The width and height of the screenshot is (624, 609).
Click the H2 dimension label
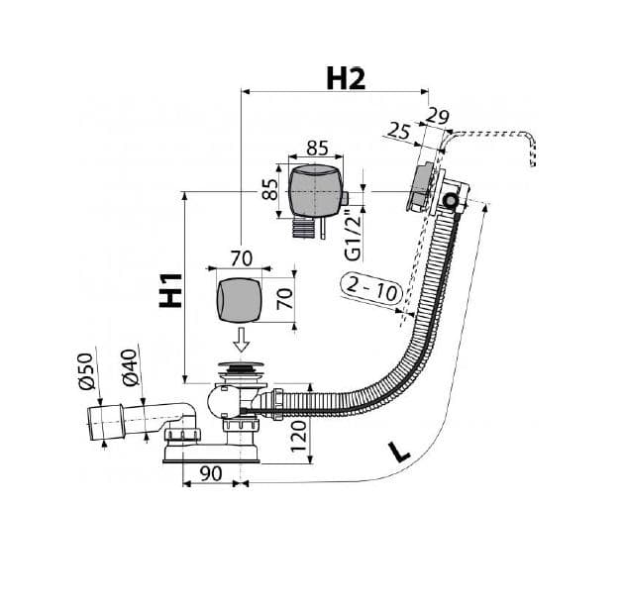pyautogui.click(x=346, y=78)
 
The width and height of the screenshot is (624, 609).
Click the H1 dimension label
pyautogui.click(x=171, y=290)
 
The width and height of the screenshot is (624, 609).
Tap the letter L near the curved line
pyautogui.click(x=399, y=452)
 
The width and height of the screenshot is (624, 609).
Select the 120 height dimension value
pyautogui.click(x=298, y=437)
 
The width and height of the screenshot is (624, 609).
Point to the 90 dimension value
pyautogui.click(x=211, y=473)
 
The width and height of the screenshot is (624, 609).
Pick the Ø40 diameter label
pyautogui.click(x=130, y=367)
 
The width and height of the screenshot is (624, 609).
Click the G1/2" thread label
pyautogui.click(x=353, y=235)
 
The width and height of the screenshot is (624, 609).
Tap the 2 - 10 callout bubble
pyautogui.click(x=371, y=289)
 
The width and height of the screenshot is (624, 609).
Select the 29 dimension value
pyautogui.click(x=438, y=117)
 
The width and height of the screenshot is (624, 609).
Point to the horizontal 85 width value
pyautogui.click(x=317, y=148)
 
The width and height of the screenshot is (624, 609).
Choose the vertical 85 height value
pyautogui.click(x=269, y=189)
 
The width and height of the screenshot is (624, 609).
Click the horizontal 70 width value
pyautogui.click(x=242, y=258)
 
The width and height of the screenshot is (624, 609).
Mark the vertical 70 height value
pyautogui.click(x=285, y=299)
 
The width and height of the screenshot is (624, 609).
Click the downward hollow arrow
pyautogui.click(x=241, y=340)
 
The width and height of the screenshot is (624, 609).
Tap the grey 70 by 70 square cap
pyautogui.click(x=240, y=299)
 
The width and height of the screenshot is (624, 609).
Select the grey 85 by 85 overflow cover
pyautogui.click(x=314, y=191)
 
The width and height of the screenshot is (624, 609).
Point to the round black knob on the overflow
pyautogui.click(x=451, y=200)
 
